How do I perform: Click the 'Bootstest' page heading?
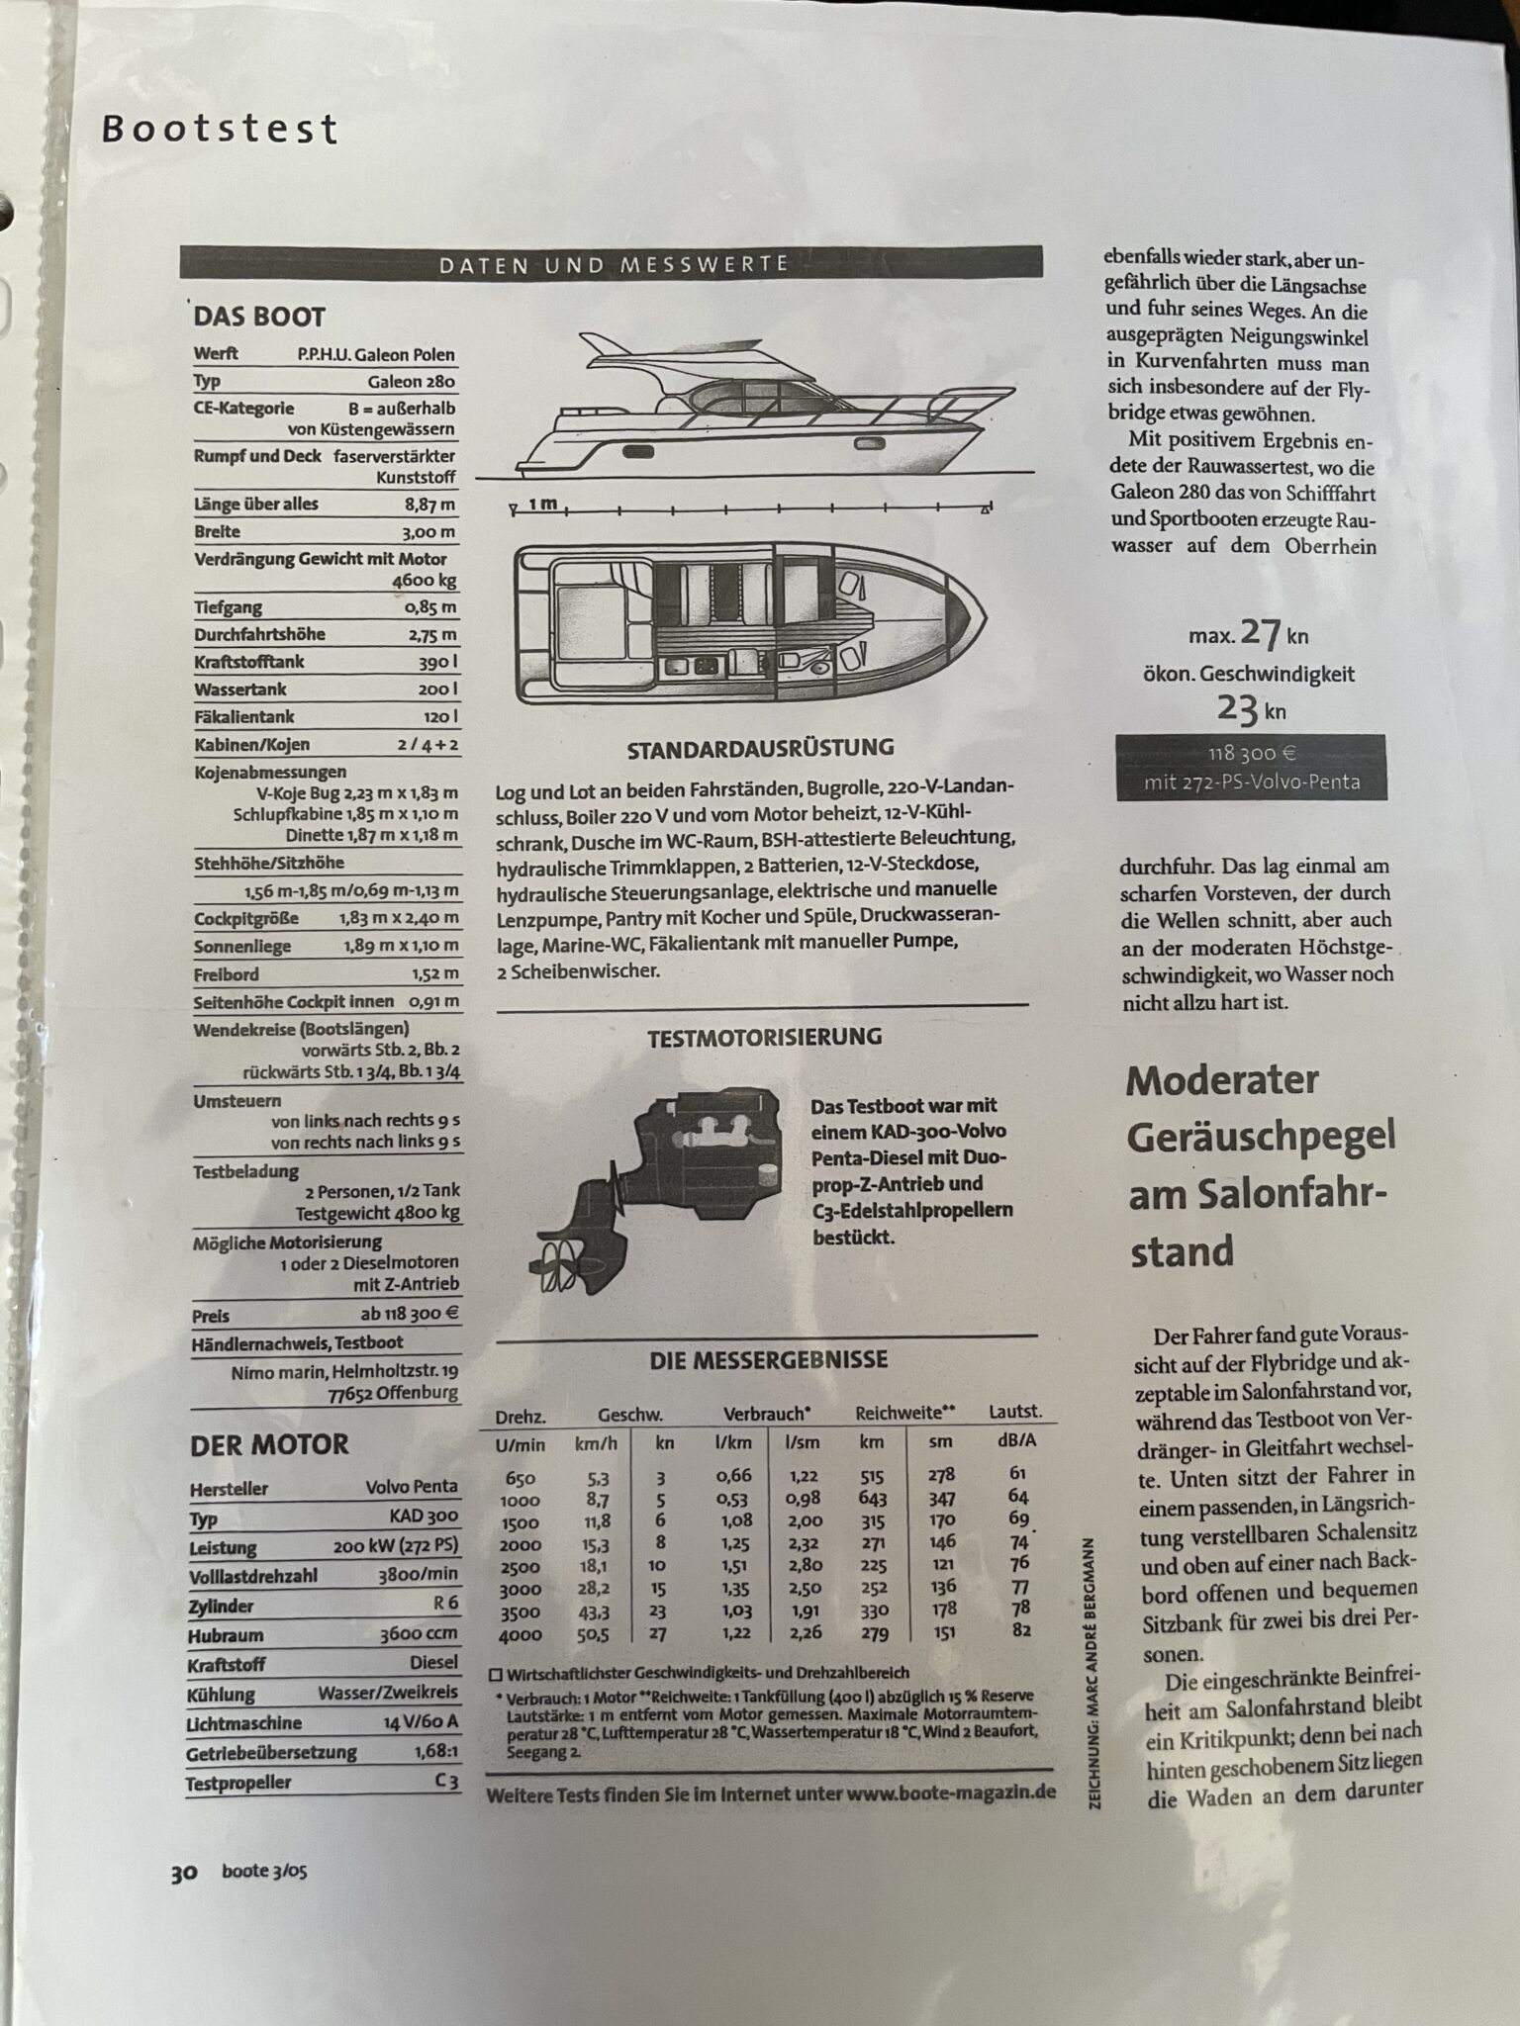pos(220,130)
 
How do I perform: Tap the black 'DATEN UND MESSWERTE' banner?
pos(611,263)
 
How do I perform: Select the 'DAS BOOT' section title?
pos(259,317)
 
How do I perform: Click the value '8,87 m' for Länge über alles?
pos(430,505)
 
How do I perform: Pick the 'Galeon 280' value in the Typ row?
pos(412,382)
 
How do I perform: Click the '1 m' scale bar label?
pos(541,505)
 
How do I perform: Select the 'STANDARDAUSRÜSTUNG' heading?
pos(760,750)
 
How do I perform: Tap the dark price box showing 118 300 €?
pos(1251,768)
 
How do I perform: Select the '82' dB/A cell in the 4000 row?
pos(1021,1629)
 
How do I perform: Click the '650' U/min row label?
pos(521,1478)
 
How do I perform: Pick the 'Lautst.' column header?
pos(1015,1412)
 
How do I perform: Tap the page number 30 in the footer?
pos(184,1873)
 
